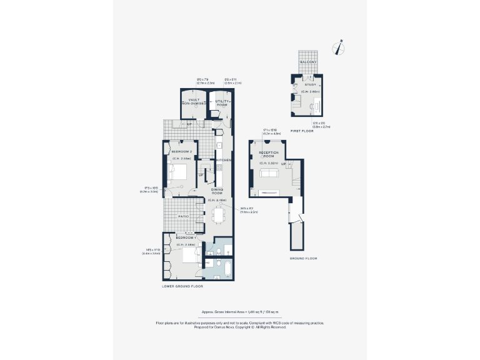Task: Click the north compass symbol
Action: point(341,46)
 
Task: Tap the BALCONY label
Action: point(308,62)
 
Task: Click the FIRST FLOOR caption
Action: point(301,131)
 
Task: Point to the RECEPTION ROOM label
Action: point(269,154)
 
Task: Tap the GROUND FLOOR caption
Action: point(303,258)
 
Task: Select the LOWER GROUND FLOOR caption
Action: point(182,286)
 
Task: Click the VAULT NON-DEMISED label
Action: point(191,103)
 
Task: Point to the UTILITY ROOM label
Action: point(222,103)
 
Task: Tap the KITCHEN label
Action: point(224,161)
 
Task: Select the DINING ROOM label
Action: point(217,191)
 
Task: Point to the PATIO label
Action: point(183,216)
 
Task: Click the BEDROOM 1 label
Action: point(186,237)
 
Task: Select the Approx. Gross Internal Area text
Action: point(240,311)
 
